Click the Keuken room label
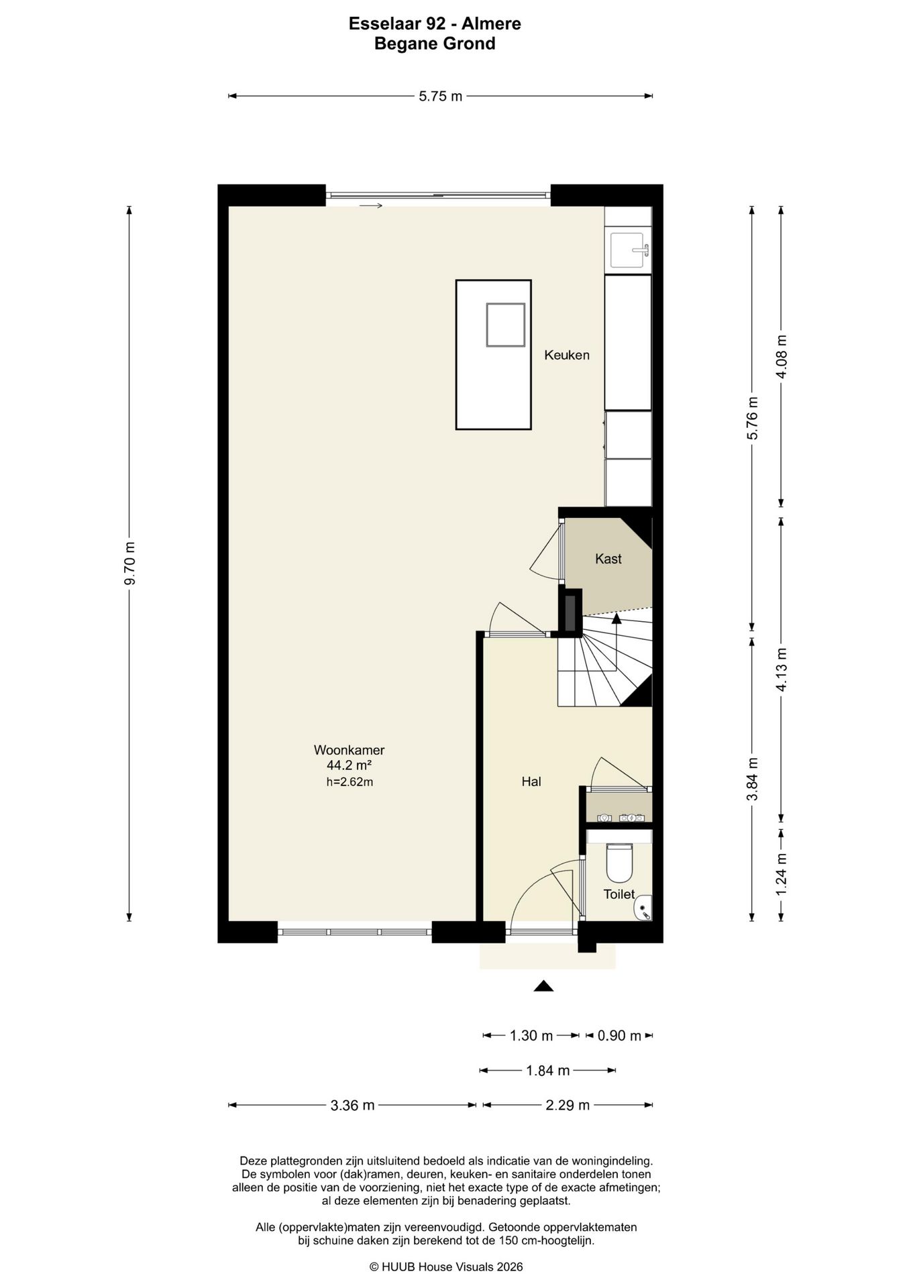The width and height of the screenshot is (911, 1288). [x=566, y=355]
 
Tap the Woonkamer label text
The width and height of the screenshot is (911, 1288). [x=349, y=750]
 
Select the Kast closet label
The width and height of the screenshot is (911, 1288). [x=608, y=559]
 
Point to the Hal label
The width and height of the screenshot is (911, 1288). [x=531, y=782]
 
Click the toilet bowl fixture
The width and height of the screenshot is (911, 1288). [x=619, y=862]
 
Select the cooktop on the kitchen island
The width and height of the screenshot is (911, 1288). [x=506, y=325]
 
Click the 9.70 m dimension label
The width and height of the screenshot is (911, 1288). [x=130, y=563]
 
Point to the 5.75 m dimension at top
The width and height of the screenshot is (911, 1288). [x=441, y=96]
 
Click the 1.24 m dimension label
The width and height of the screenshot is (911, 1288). [x=781, y=873]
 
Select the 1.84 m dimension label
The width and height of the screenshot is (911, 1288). [x=547, y=1071]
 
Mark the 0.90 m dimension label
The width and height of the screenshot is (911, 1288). [x=619, y=1036]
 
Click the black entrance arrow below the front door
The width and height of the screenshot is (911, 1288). [x=543, y=985]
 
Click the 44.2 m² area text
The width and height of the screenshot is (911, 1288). [x=349, y=765]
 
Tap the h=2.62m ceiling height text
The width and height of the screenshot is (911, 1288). [x=349, y=782]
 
